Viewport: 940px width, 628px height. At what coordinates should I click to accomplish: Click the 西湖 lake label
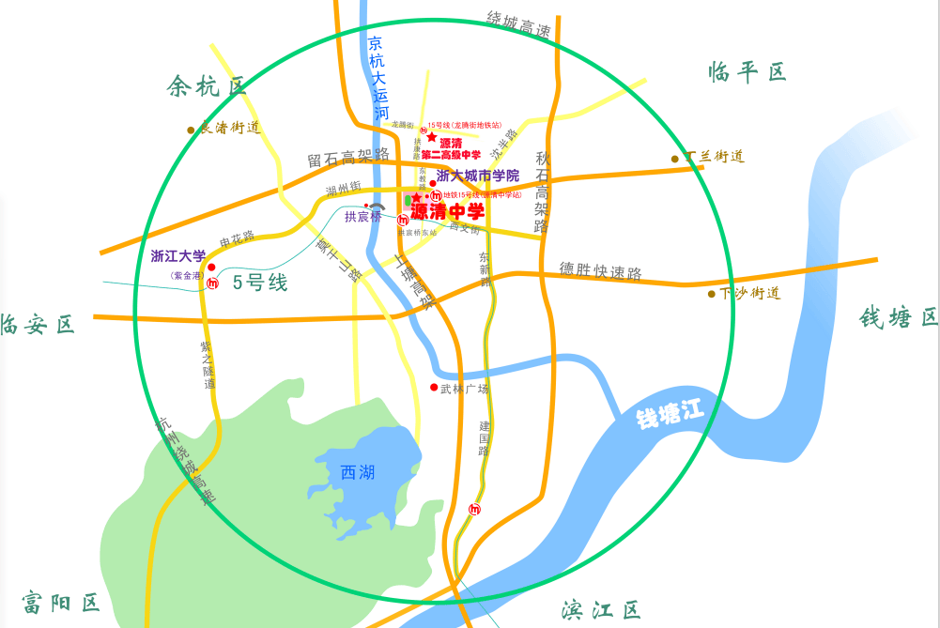point(358,472)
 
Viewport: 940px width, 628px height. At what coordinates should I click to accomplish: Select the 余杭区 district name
point(207,87)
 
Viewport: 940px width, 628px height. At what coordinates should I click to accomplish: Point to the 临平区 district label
point(747,71)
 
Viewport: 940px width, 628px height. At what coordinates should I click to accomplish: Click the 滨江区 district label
point(601,611)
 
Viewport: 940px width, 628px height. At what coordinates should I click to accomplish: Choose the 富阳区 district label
point(62,602)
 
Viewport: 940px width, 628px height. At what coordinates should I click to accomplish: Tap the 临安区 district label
point(38,325)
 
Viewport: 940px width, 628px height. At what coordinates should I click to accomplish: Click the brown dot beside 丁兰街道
point(674,159)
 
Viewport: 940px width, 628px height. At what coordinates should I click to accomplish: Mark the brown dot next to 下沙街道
point(712,294)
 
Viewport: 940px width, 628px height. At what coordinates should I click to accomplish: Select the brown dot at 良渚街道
point(191,130)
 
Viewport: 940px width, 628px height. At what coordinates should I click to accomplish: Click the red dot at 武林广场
point(434,388)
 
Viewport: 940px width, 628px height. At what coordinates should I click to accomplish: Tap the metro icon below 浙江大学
point(213,283)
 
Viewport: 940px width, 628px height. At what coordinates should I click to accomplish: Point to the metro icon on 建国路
point(474,510)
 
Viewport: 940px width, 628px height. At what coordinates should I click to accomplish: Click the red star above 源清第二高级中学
point(432,137)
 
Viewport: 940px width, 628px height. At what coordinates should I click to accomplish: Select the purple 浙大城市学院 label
point(477,176)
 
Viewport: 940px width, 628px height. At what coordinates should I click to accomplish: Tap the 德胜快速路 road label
point(601,271)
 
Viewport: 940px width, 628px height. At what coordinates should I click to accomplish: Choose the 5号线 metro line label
point(260,282)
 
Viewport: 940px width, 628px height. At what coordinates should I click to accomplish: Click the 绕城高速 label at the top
point(518,23)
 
